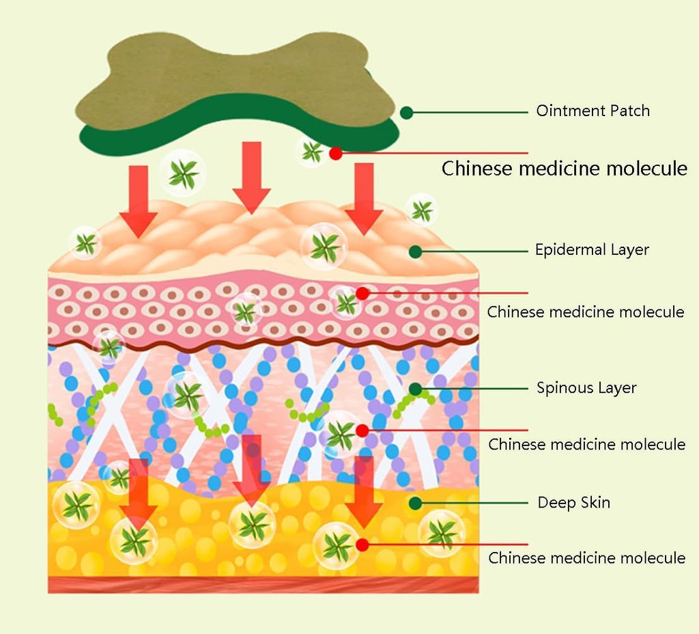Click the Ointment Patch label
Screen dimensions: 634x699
[593, 111]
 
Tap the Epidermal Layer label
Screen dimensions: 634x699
[592, 250]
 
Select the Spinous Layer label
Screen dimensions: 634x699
[586, 388]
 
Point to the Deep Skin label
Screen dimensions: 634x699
[574, 503]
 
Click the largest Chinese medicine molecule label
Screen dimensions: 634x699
[565, 168]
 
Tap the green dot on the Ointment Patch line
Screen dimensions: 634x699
[407, 112]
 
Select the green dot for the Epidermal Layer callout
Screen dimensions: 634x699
[415, 251]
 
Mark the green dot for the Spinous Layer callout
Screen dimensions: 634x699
[415, 389]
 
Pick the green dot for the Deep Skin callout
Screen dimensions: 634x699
[415, 504]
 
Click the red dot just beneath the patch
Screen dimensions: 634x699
[335, 153]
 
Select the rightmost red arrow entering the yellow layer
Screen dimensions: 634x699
[364, 492]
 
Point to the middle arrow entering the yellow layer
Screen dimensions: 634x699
[252, 471]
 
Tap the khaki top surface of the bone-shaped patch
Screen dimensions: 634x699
[232, 75]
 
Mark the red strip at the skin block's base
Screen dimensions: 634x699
[263, 585]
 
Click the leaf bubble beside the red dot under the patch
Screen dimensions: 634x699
[312, 151]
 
